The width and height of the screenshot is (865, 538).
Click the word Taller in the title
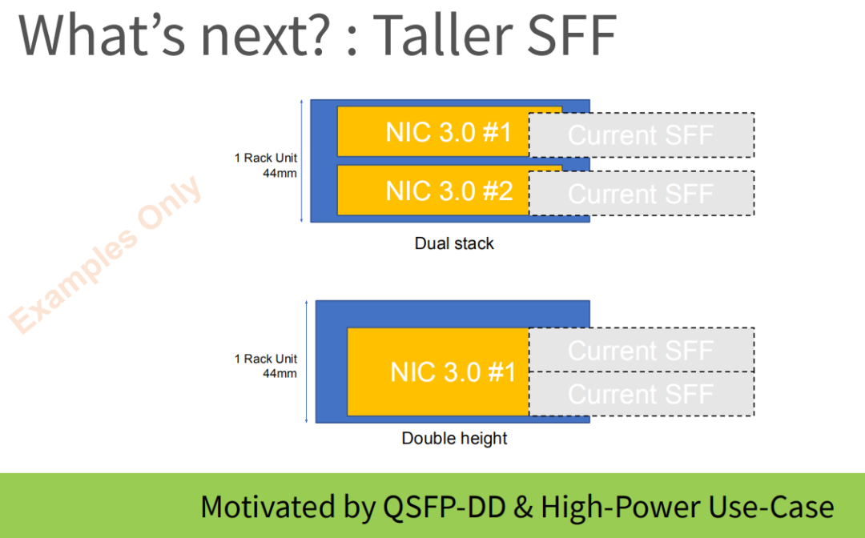450,36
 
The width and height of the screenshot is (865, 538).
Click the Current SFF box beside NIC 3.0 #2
641,194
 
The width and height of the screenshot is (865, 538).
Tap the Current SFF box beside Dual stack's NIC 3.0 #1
641,135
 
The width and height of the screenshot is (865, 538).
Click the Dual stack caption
454,243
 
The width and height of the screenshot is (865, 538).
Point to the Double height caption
454,439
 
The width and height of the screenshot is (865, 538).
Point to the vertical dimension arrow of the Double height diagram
307,361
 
